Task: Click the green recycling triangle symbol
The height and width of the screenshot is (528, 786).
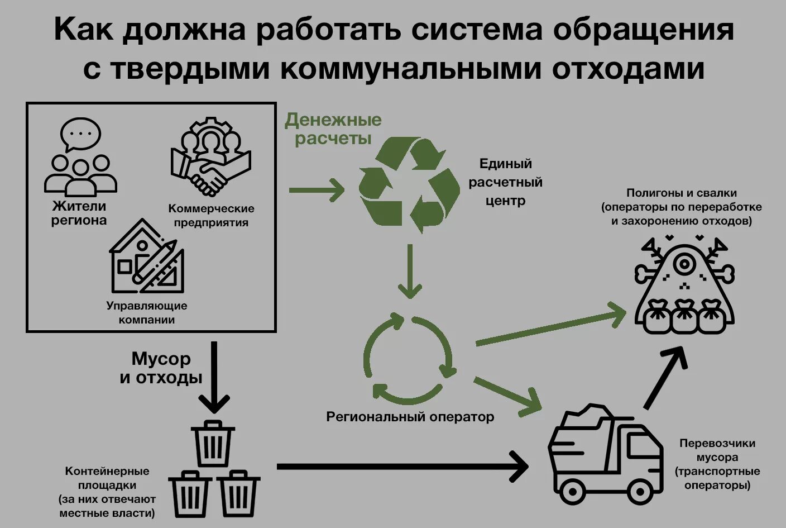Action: pos(409,185)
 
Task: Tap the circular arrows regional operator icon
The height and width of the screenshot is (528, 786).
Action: pos(409,359)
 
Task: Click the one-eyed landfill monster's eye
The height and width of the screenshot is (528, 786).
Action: pos(684,262)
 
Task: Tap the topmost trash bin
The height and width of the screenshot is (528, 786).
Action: pos(212,444)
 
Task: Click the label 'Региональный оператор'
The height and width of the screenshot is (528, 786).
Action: pos(410,417)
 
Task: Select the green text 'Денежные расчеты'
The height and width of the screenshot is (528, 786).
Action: pos(333,129)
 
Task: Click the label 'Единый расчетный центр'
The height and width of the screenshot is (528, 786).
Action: pos(505,182)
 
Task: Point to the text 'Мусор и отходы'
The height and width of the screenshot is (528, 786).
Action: pos(161,368)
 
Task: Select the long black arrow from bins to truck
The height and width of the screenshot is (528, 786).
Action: pos(402,467)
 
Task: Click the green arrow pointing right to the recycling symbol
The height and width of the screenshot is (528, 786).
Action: pos(317,191)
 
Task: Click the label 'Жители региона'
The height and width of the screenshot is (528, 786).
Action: pos(79,213)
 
